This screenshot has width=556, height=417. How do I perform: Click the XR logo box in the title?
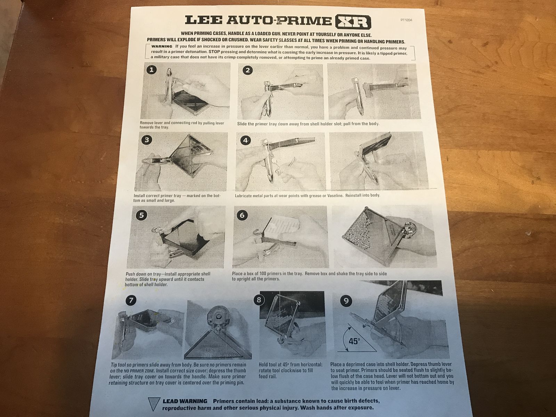tap(353, 22)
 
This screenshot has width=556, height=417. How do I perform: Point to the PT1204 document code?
tap(406, 20)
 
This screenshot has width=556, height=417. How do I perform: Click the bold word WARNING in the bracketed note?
tap(162, 46)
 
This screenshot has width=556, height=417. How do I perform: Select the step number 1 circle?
tap(152, 69)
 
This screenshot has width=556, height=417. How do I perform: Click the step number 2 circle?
tap(247, 70)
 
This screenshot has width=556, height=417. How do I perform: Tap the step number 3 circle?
tap(147, 139)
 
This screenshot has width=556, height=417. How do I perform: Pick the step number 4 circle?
tap(245, 140)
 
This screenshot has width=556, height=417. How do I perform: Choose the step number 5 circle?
tap(141, 215)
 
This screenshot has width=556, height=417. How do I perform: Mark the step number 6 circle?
tap(242, 215)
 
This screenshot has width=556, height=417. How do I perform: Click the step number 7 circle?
tap(131, 300)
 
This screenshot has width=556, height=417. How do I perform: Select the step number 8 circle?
tap(259, 300)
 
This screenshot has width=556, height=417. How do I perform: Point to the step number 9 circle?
tap(346, 301)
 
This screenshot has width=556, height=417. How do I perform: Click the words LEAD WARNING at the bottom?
tap(185, 401)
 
